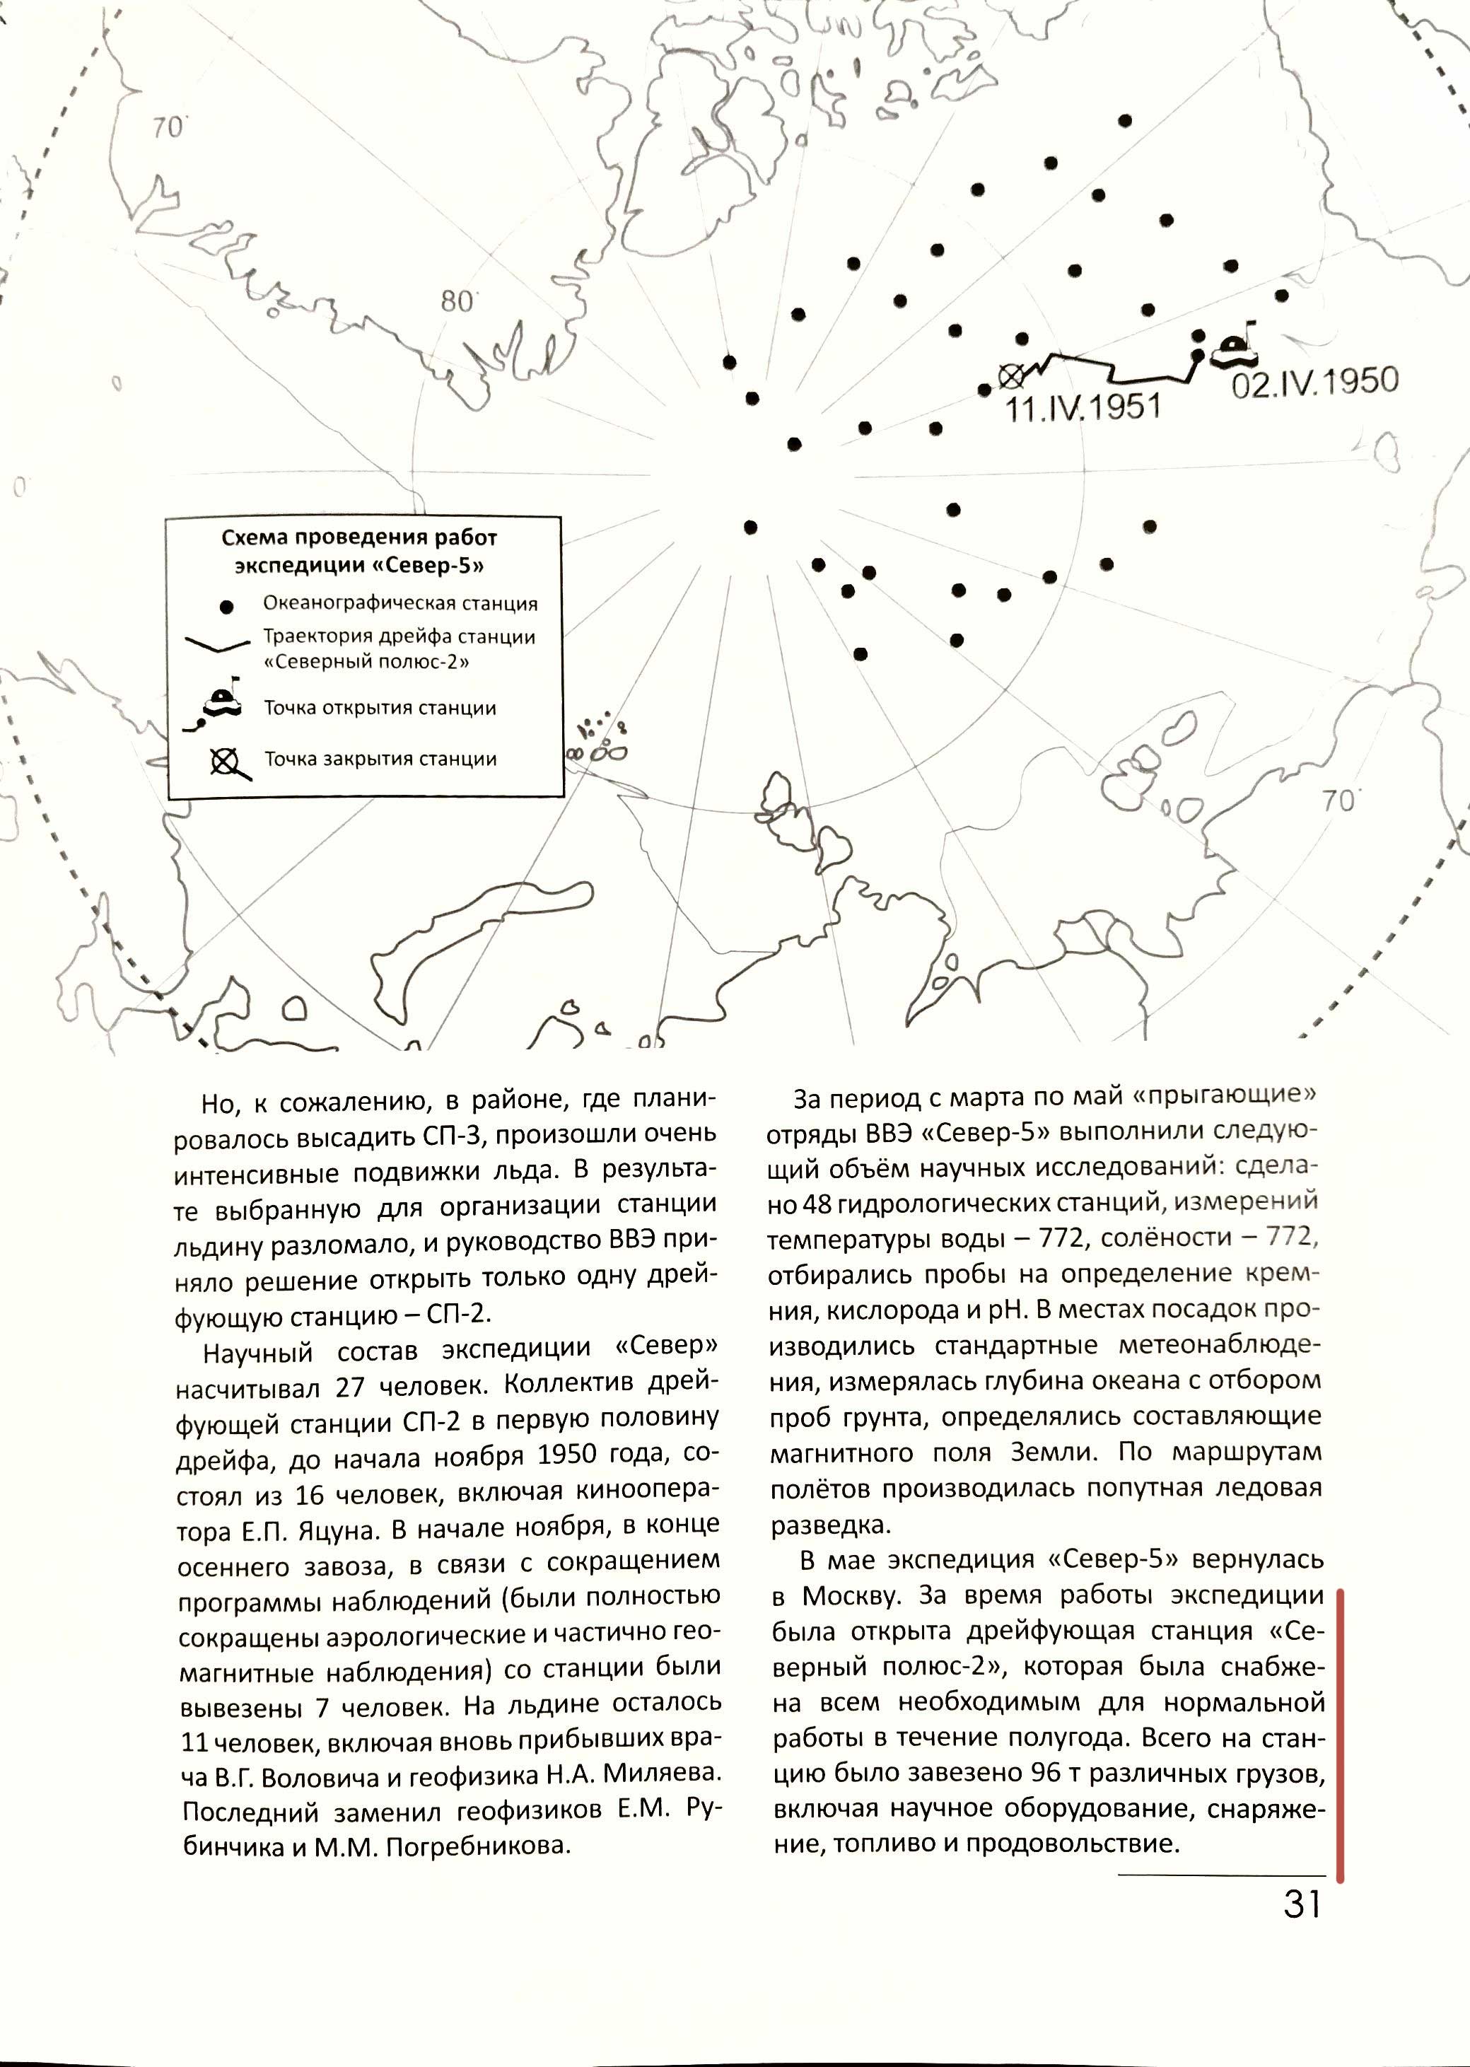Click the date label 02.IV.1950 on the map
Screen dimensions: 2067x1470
[x=1314, y=382]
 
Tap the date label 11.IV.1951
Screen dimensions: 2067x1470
[x=1083, y=408]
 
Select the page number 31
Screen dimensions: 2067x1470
[x=1302, y=1904]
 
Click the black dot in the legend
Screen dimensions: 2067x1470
[x=227, y=606]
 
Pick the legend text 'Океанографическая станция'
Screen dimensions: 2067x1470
[x=400, y=603]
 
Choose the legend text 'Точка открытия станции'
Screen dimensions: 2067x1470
[x=380, y=707]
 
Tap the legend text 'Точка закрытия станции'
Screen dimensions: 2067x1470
[x=380, y=759]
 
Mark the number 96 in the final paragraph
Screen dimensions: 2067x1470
[x=1046, y=1772]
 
